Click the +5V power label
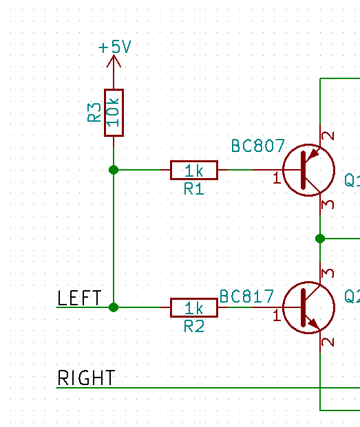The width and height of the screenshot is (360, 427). pyautogui.click(x=115, y=47)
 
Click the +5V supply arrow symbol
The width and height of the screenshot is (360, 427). pyautogui.click(x=114, y=61)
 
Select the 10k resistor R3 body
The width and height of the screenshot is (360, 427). pyautogui.click(x=114, y=113)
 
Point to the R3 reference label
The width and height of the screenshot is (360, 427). pyautogui.click(x=94, y=112)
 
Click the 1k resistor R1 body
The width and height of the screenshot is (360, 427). pyautogui.click(x=194, y=171)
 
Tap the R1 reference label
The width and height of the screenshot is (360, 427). pyautogui.click(x=193, y=188)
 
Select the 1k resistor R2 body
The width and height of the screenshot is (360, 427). pyautogui.click(x=194, y=308)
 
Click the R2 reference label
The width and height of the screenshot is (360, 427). pyautogui.click(x=194, y=326)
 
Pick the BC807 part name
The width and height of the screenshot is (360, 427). pyautogui.click(x=258, y=146)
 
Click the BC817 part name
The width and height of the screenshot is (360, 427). pyautogui.click(x=246, y=296)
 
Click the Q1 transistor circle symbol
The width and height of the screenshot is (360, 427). pyautogui.click(x=309, y=170)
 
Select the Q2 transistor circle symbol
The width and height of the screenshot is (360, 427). pyautogui.click(x=309, y=307)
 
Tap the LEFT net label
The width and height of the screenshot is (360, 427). pyautogui.click(x=79, y=298)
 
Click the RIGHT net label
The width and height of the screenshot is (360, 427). pyautogui.click(x=86, y=377)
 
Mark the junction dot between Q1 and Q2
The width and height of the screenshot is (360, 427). pyautogui.click(x=320, y=239)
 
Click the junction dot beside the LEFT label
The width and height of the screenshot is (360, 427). pyautogui.click(x=114, y=307)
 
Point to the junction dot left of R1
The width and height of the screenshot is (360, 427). pyautogui.click(x=114, y=170)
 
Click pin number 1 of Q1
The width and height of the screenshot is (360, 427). pyautogui.click(x=277, y=178)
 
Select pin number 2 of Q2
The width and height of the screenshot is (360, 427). pyautogui.click(x=328, y=342)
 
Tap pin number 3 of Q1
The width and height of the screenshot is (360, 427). pyautogui.click(x=328, y=204)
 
